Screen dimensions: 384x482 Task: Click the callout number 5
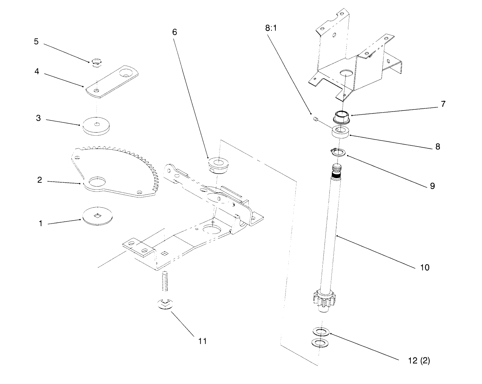36,41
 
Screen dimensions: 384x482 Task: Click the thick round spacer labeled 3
96,125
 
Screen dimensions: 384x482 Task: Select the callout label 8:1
271,28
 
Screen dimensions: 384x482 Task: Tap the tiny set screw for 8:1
316,120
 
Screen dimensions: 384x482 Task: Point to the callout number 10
424,268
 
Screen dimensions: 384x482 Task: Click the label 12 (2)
419,361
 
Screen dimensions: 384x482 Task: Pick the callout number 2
40,180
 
